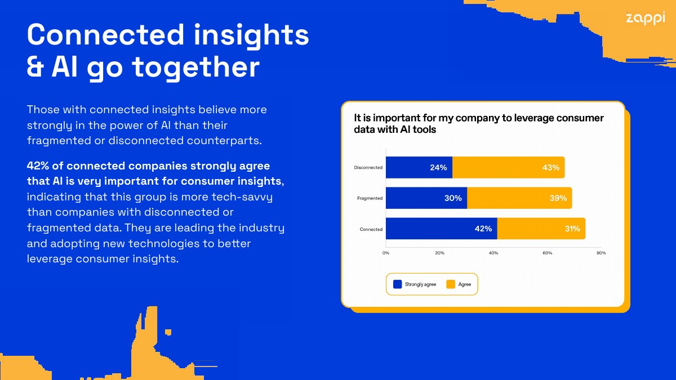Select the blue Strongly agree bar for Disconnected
[419, 167]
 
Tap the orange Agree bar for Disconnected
[508, 167]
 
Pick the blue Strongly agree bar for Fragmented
[426, 198]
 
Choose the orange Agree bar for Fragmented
[519, 198]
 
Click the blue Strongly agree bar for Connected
[441, 229]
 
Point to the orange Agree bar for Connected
[541, 229]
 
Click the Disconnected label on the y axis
[368, 168]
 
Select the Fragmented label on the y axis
[370, 198]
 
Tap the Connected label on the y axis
[371, 229]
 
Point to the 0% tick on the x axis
[386, 253]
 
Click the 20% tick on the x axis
[439, 253]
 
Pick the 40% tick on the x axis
[493, 253]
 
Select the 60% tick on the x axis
[547, 253]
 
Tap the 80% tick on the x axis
[601, 253]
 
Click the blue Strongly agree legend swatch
[397, 284]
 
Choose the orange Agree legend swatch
[450, 284]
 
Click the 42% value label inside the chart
[483, 229]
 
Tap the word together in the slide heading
[195, 68]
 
